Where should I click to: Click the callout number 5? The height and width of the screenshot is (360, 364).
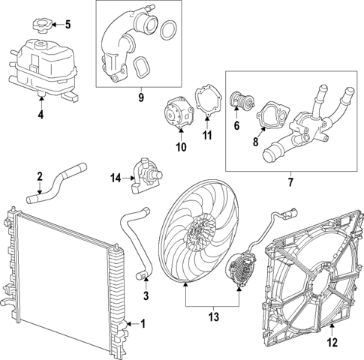click(x=67, y=24)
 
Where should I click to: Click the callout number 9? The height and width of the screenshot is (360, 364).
click(x=140, y=96)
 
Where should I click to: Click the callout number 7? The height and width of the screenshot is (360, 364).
click(x=289, y=181)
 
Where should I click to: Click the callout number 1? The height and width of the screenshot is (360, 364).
click(x=144, y=324)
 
